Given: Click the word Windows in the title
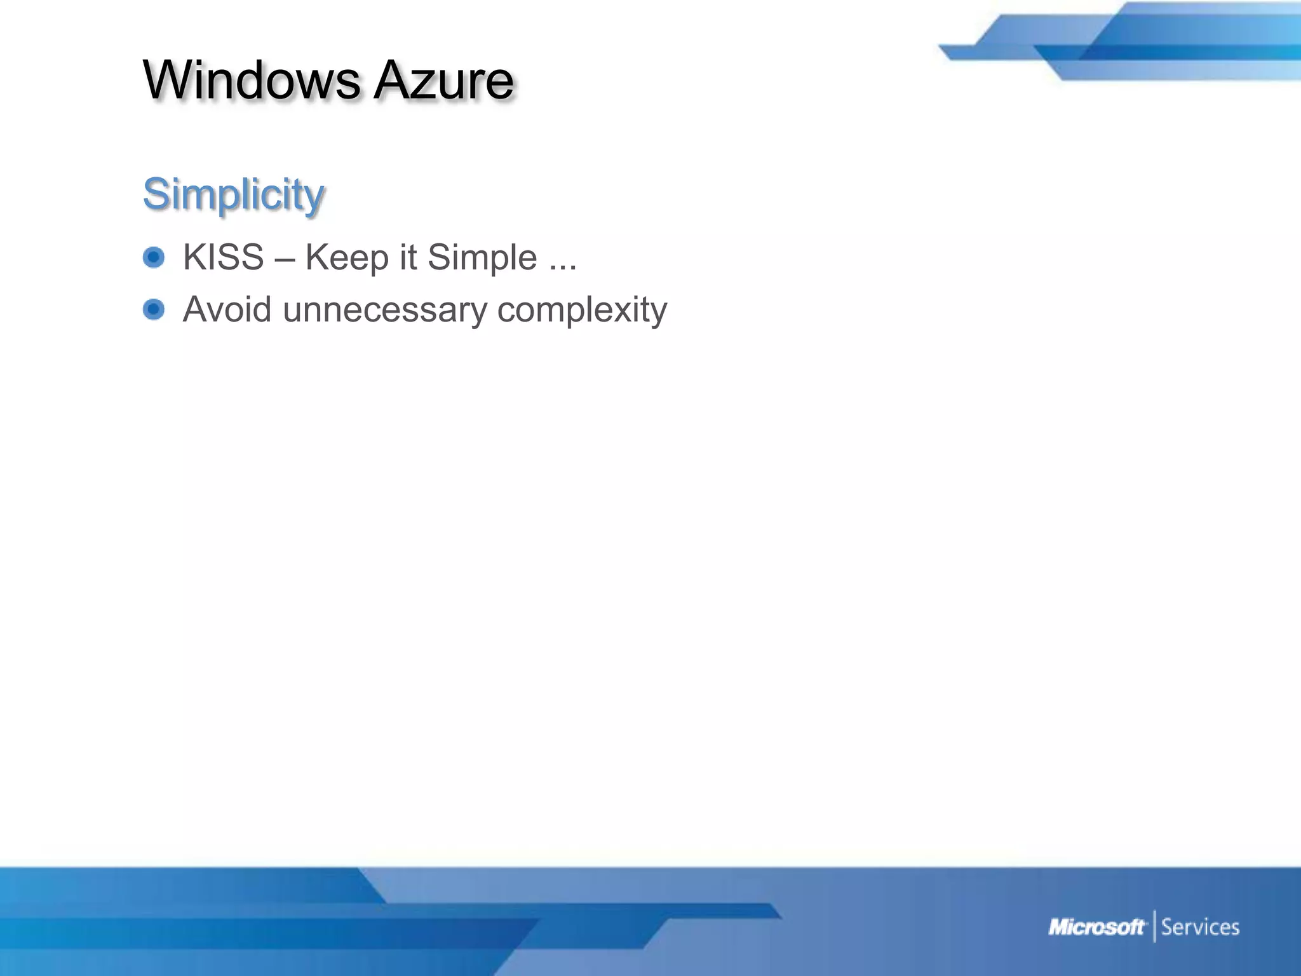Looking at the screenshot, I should tap(252, 80).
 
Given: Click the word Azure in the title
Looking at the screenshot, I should tap(443, 80).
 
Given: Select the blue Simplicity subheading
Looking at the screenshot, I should tap(233, 194).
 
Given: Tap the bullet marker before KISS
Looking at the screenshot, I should tap(154, 257).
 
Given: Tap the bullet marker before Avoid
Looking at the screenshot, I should tap(154, 309).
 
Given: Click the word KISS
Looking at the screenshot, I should tap(223, 257).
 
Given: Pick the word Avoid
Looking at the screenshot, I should tap(227, 309).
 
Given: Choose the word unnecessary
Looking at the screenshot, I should tap(384, 311).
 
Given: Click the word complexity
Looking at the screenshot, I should tap(582, 311).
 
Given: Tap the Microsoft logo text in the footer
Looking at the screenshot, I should tap(1096, 927).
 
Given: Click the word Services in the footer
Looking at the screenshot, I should tap(1200, 927).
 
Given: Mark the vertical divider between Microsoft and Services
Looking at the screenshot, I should tap(1154, 926).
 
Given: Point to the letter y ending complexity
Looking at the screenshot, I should tap(659, 313).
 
